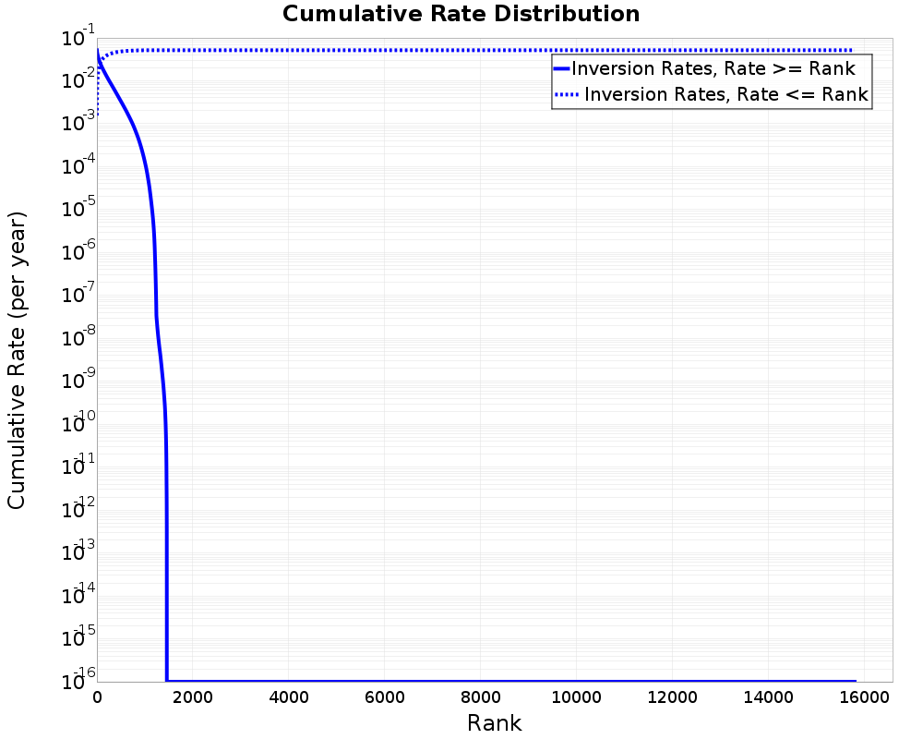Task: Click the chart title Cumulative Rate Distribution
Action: pyautogui.click(x=461, y=15)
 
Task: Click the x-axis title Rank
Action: pyautogui.click(x=494, y=722)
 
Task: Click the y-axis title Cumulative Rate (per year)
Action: pyautogui.click(x=18, y=360)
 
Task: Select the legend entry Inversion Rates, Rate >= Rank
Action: pyautogui.click(x=713, y=68)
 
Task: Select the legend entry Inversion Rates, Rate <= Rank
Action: pyautogui.click(x=726, y=94)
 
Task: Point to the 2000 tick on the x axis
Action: pyautogui.click(x=193, y=698)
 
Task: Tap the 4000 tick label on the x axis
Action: pyautogui.click(x=289, y=698)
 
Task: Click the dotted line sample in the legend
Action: pyautogui.click(x=568, y=94)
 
